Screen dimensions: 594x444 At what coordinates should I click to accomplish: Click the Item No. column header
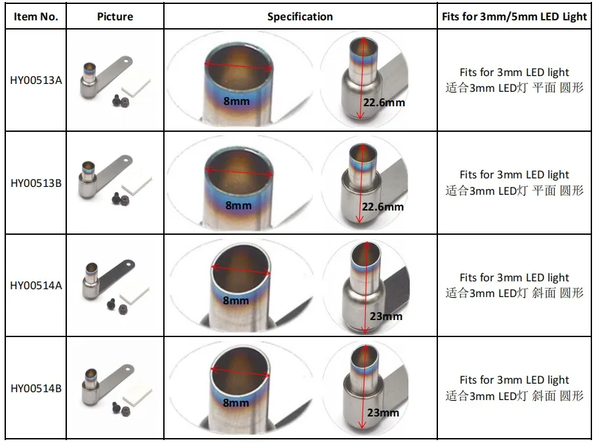pyautogui.click(x=36, y=17)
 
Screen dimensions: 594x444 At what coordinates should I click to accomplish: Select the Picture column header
pyautogui.click(x=115, y=17)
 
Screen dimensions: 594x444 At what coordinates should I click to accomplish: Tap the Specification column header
pyautogui.click(x=300, y=17)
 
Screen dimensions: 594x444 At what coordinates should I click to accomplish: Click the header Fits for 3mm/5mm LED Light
pyautogui.click(x=515, y=17)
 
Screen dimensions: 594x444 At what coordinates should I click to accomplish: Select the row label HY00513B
pyautogui.click(x=36, y=183)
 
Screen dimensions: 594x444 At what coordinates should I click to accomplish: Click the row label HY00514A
pyautogui.click(x=36, y=285)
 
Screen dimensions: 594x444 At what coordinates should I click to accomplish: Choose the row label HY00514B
pyautogui.click(x=36, y=388)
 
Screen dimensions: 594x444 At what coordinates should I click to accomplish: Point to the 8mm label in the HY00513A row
pyautogui.click(x=237, y=102)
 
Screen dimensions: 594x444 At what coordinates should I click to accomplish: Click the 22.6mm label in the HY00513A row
pyautogui.click(x=384, y=103)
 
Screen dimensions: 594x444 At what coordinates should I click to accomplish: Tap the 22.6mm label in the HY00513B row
pyautogui.click(x=383, y=207)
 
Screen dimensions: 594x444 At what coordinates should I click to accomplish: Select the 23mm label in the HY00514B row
pyautogui.click(x=383, y=413)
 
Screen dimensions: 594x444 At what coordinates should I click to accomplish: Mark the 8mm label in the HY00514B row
pyautogui.click(x=235, y=403)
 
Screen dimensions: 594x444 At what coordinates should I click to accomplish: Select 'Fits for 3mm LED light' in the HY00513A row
pyautogui.click(x=514, y=72)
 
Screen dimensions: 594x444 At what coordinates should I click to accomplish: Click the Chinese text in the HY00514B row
pyautogui.click(x=514, y=395)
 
